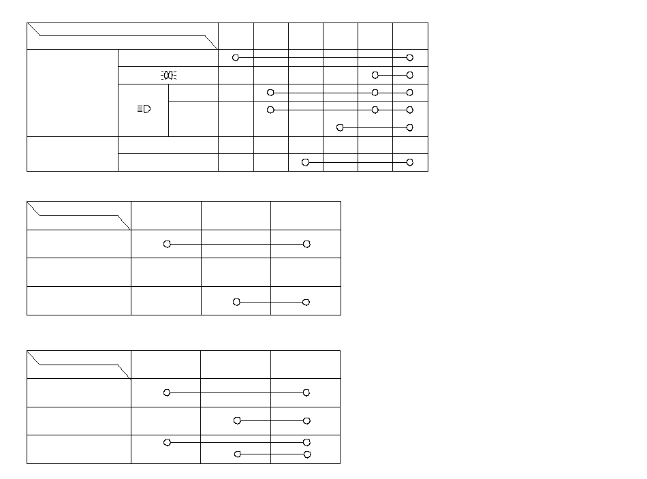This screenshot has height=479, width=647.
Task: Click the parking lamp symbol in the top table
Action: [168, 75]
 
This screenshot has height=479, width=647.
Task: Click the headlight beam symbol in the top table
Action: [144, 110]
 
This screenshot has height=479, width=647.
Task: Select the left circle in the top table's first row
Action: [236, 58]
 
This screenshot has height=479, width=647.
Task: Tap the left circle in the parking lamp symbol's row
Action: [375, 75]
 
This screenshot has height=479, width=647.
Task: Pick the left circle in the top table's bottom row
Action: [305, 162]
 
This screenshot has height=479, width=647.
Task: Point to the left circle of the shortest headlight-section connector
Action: [341, 127]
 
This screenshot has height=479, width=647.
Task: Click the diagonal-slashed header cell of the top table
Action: [123, 35]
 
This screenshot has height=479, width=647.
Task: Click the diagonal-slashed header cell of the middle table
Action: [79, 215]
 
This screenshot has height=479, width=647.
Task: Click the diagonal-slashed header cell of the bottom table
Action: [79, 365]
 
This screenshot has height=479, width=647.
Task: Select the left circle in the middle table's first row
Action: [167, 244]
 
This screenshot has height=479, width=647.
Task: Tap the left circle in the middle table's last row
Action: [236, 302]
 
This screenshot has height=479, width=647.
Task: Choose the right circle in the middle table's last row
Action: [306, 302]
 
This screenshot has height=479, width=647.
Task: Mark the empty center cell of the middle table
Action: [236, 272]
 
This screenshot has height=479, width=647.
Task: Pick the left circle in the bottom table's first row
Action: [167, 392]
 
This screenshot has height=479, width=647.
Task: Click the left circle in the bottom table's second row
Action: [237, 420]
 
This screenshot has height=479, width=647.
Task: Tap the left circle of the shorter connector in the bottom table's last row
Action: [238, 454]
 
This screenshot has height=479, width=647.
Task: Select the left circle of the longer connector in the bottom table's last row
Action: [167, 442]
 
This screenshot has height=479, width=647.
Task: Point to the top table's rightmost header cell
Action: [410, 35]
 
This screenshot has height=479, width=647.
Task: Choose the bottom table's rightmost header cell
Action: [305, 365]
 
